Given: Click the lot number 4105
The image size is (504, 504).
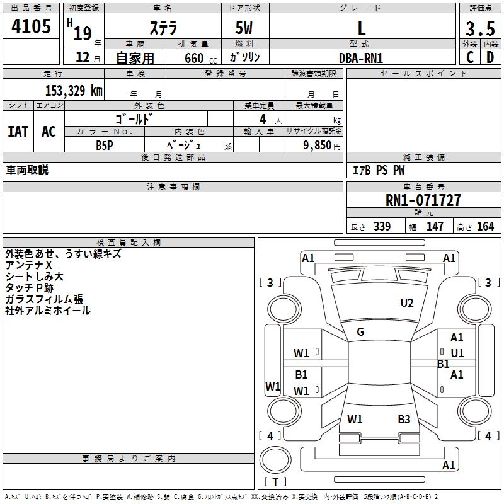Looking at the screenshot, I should pos(31,26).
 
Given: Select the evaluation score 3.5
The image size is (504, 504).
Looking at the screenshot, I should pos(480,28).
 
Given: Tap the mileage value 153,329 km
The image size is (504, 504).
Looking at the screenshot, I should pos(74,90).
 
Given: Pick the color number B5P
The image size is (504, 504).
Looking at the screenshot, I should pos(105,145).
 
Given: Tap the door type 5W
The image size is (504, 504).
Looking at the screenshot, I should pos(244,28).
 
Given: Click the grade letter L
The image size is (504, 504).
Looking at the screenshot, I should pos(362,28).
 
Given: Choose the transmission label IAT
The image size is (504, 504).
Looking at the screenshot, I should pos(18,132).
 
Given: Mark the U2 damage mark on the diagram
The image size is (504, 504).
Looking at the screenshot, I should pos(407,303).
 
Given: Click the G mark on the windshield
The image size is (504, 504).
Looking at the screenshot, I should pos(360,332).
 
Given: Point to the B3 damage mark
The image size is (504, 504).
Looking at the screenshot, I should pos(404,419).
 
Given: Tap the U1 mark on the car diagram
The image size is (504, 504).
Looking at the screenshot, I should pos(457,353).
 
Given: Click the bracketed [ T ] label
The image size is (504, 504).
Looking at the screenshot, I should pos(275,482).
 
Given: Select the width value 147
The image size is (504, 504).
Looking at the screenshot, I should pos(435,227).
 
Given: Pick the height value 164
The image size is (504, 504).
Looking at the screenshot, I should pos(485,227).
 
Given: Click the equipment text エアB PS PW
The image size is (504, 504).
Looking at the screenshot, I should pos(379,170).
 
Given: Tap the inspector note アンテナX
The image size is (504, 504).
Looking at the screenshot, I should pos(28,265).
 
